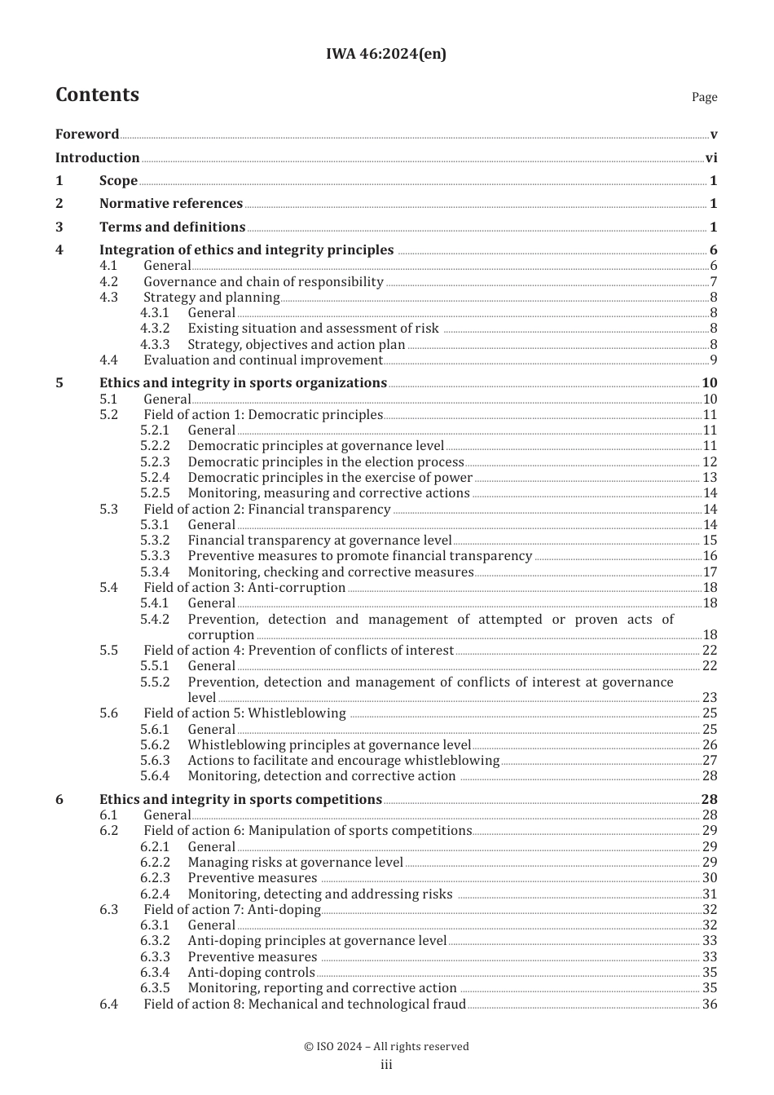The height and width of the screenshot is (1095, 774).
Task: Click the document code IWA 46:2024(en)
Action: (x=385, y=55)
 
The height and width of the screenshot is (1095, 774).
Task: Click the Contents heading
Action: (x=97, y=95)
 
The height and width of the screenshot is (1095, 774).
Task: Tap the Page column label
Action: (x=704, y=97)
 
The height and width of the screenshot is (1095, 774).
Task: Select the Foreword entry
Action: (x=87, y=135)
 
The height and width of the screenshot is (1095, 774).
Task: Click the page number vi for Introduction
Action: (x=710, y=158)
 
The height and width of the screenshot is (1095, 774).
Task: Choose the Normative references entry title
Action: (x=170, y=204)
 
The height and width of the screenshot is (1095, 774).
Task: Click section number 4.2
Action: (x=108, y=282)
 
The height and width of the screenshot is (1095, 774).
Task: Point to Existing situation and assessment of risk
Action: (x=313, y=329)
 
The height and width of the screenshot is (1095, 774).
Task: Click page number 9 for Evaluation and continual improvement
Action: (x=713, y=360)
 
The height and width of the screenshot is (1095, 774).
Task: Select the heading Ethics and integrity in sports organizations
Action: (x=243, y=383)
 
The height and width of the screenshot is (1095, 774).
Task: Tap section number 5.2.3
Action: (x=155, y=462)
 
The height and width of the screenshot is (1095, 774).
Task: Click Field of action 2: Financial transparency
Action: (x=266, y=510)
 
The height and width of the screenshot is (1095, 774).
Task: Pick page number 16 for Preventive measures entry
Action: (x=710, y=556)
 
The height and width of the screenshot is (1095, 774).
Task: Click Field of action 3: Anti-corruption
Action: (x=244, y=588)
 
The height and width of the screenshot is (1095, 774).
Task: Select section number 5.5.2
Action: (x=155, y=682)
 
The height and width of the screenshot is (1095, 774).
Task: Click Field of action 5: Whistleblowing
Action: (x=244, y=713)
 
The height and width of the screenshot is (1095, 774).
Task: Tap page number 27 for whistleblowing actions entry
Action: (x=710, y=761)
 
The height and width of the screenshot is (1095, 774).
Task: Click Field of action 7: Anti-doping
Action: (x=232, y=910)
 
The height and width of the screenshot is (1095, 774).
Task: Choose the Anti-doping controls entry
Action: (x=251, y=973)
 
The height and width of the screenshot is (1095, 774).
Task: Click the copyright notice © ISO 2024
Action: (x=386, y=1047)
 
